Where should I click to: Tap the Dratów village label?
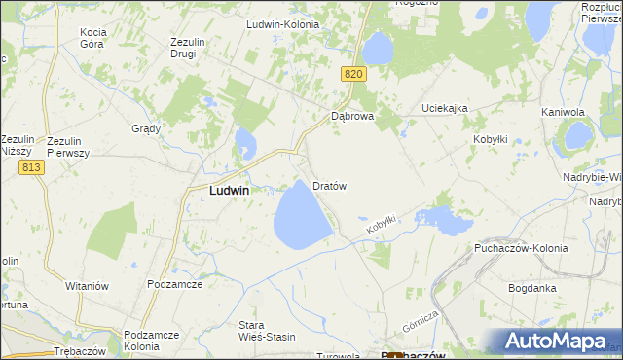click(330, 185)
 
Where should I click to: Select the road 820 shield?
click(353, 74)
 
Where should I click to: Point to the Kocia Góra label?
click(98, 38)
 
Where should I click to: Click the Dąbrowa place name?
click(352, 116)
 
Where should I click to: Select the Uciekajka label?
click(445, 108)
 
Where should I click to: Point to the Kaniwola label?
click(562, 113)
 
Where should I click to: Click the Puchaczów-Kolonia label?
click(523, 249)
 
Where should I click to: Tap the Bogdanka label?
click(531, 288)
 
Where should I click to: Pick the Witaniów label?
click(87, 286)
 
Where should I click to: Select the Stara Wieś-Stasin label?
click(266, 332)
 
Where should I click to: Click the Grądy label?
click(145, 128)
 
